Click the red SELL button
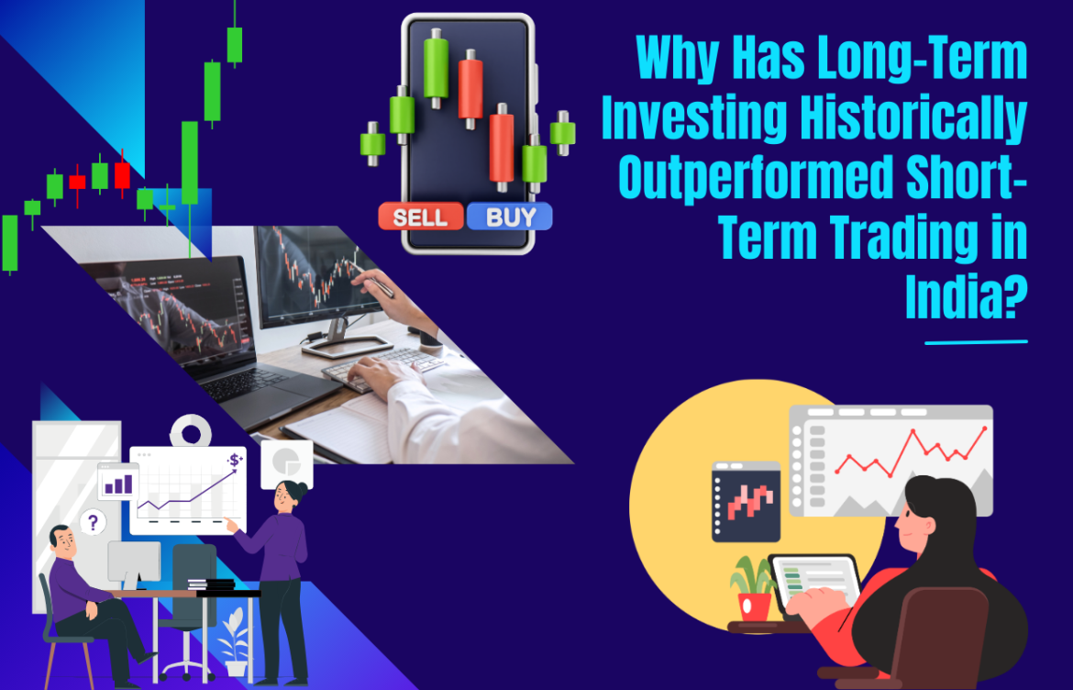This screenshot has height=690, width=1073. [421, 217]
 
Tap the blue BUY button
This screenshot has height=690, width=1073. [509, 217]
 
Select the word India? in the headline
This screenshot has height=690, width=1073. [965, 297]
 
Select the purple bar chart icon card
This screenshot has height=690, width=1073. [118, 482]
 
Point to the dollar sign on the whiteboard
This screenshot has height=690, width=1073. [236, 460]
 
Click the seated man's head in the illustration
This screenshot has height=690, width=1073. [61, 540]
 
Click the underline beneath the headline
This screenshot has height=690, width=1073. [976, 342]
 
